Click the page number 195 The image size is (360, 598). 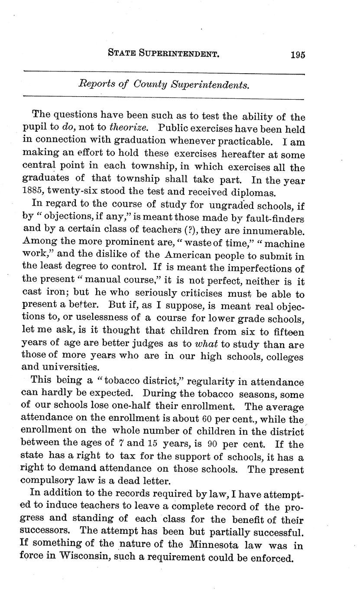pyautogui.click(x=298, y=55)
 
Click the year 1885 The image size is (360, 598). pyautogui.click(x=33, y=191)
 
